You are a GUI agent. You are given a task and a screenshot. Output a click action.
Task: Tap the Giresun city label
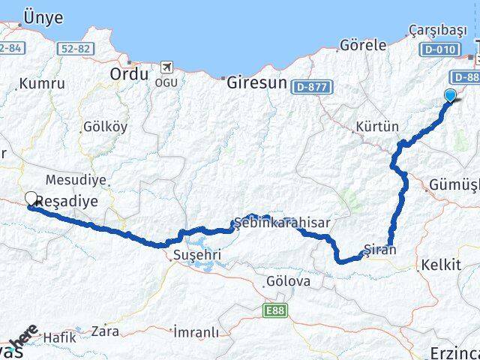257,82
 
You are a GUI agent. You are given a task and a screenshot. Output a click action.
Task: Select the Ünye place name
43,17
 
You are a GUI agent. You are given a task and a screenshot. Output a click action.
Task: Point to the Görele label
363,45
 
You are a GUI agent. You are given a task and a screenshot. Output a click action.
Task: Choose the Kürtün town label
378,126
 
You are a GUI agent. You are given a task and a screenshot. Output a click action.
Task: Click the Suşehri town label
196,256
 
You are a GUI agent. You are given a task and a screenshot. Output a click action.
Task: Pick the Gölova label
287,281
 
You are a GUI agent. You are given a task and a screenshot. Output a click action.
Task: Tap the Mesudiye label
76,180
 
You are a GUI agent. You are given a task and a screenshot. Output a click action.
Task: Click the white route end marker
31,199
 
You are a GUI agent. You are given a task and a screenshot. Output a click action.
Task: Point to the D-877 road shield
310,87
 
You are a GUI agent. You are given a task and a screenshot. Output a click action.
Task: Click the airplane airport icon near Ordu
165,67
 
